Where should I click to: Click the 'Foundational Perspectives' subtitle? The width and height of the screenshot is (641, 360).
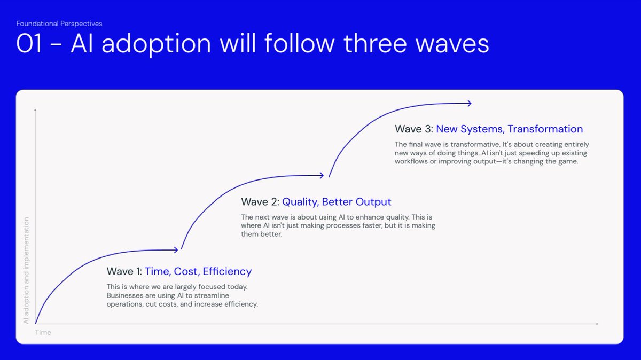[x=59, y=24]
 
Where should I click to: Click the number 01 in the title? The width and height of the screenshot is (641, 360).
[x=29, y=43]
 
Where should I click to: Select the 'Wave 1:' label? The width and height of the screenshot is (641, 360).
[x=124, y=271]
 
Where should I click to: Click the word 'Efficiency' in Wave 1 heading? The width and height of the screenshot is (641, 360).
[x=227, y=271]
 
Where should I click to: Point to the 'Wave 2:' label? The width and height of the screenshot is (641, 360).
[x=260, y=202]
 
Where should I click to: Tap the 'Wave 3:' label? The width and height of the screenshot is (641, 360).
[x=414, y=129]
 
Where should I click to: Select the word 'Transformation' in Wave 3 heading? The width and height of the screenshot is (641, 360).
[x=545, y=129]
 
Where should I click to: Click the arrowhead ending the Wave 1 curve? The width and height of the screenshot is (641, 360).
[x=176, y=250]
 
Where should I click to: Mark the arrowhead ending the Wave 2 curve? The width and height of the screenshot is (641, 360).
[x=322, y=175]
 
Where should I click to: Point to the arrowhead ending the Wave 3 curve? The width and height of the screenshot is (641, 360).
[x=470, y=103]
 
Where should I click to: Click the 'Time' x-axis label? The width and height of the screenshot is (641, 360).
[x=43, y=332]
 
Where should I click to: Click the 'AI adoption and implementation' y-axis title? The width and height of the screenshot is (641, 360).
[x=26, y=270]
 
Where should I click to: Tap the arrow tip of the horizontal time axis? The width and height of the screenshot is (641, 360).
[x=598, y=324]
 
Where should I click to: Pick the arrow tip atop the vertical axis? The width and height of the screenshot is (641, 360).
[x=35, y=109]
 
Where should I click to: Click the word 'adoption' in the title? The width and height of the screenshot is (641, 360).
[x=156, y=44]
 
